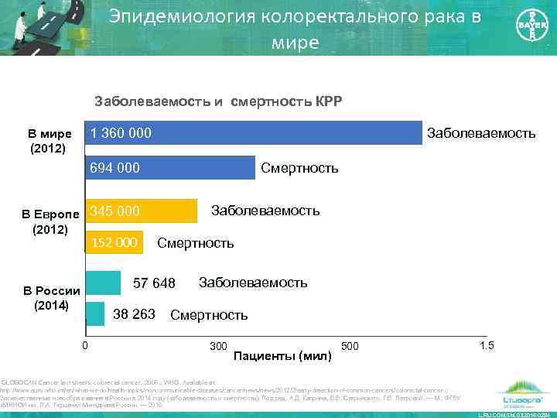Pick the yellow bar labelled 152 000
(x=114, y=243)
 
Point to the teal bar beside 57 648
(x=102, y=283)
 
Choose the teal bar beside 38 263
(x=94, y=313)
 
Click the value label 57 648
(x=154, y=283)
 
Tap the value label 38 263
(x=135, y=314)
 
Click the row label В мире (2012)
(x=50, y=140)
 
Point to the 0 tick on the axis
(x=85, y=344)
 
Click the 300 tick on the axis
(x=217, y=344)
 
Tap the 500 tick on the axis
(x=350, y=344)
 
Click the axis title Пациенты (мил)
(x=282, y=356)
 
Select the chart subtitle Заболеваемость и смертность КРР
(x=217, y=101)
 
